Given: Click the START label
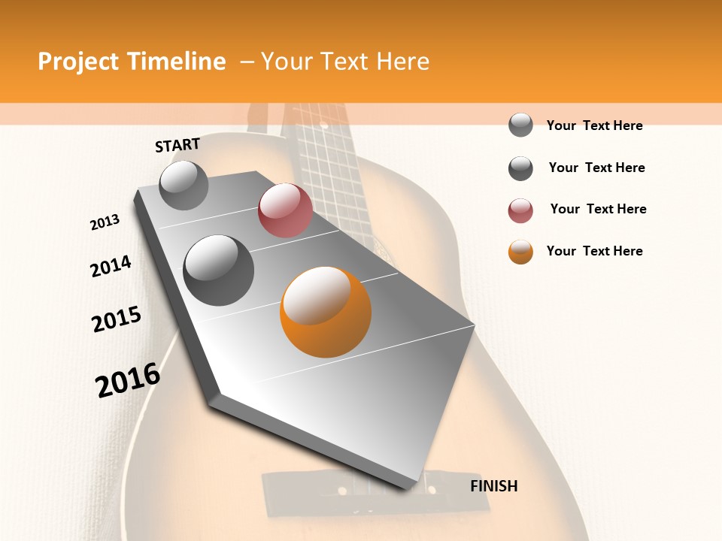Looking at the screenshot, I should coord(177,145).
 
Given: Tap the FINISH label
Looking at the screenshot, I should coord(494,486).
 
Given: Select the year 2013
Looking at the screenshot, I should coord(105,222).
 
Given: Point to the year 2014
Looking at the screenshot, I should coord(111,267).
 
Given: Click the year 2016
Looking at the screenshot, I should coord(128,380).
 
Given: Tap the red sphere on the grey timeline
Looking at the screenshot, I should coord(285,210).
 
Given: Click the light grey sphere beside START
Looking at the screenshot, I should coord(184,186).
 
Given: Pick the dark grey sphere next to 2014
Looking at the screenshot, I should coord(219,270).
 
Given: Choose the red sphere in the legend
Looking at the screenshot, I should coord(520,210).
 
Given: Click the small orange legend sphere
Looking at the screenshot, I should coord(520,252).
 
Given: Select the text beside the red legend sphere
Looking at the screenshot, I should coord(598,209).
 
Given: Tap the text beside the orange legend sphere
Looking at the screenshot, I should coord(594,251).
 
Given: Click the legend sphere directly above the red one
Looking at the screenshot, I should coord(520,168).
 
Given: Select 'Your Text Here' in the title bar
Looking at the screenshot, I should coord(344,62).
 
